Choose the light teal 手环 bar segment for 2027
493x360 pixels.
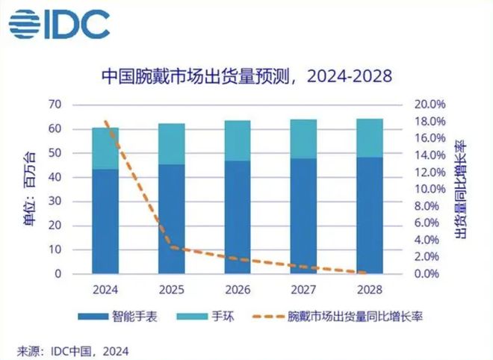click(x=304, y=139)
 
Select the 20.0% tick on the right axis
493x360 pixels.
click(x=430, y=105)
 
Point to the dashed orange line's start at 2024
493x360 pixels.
click(x=105, y=121)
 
